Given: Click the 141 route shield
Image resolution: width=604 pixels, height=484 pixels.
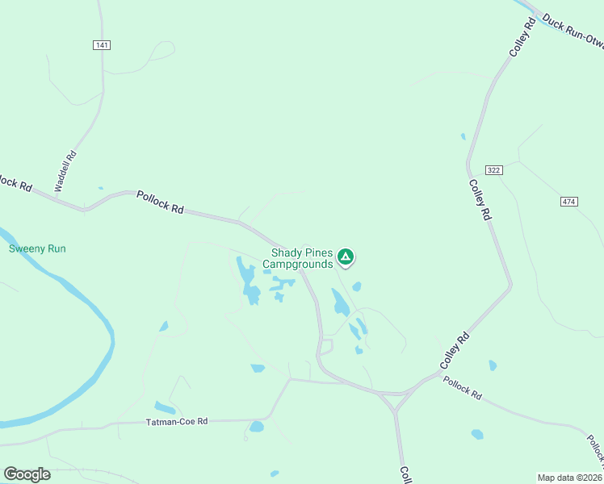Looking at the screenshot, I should click(x=102, y=46).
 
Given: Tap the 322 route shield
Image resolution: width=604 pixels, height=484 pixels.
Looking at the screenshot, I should click(x=494, y=169).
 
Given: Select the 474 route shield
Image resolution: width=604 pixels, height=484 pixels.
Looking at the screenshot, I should click(x=568, y=200).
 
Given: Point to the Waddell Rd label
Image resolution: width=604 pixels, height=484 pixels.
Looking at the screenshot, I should click(x=65, y=171).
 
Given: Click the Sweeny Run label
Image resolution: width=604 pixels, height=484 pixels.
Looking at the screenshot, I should click(x=37, y=248).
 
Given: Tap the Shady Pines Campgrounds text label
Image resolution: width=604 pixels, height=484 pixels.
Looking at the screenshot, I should click(x=301, y=258).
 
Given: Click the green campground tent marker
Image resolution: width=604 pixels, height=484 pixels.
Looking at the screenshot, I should click(x=346, y=257).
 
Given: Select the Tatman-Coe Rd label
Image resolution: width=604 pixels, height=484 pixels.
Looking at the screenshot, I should click(x=177, y=422).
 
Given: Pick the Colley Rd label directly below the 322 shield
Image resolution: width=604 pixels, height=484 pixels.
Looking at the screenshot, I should click(x=480, y=199).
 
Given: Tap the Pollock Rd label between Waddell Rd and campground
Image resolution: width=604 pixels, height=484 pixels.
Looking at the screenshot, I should click(x=160, y=202).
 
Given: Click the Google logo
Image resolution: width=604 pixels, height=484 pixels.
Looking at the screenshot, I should click(x=27, y=474).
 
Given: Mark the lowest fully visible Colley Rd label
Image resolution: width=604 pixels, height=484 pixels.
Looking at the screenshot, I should click(x=454, y=353).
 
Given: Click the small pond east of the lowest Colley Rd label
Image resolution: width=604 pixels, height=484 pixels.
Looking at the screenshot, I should click(x=493, y=365).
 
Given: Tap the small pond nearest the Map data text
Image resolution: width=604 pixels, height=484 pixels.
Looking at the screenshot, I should click(x=477, y=434).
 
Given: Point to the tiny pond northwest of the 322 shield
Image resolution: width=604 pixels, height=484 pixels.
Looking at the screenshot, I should click(x=463, y=136).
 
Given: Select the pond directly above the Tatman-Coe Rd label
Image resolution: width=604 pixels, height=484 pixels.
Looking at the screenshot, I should click(x=165, y=407).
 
